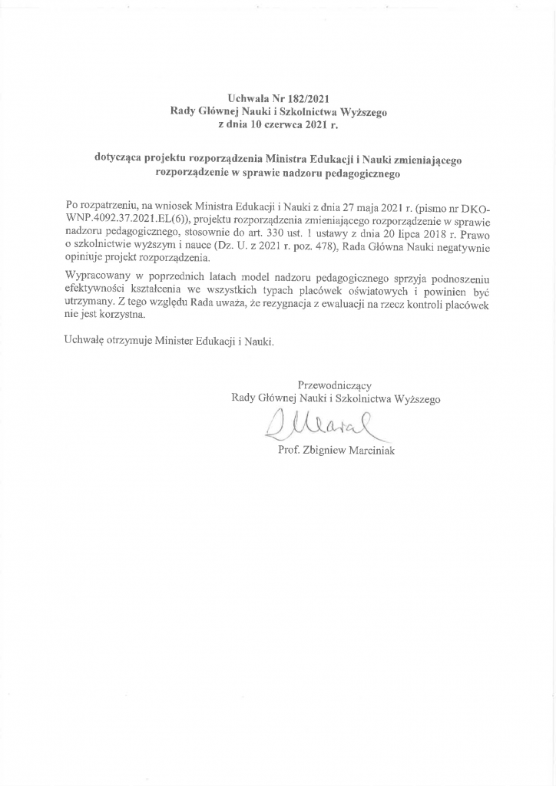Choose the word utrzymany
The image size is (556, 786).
click(x=90, y=305)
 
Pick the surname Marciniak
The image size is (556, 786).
click(x=372, y=451)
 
